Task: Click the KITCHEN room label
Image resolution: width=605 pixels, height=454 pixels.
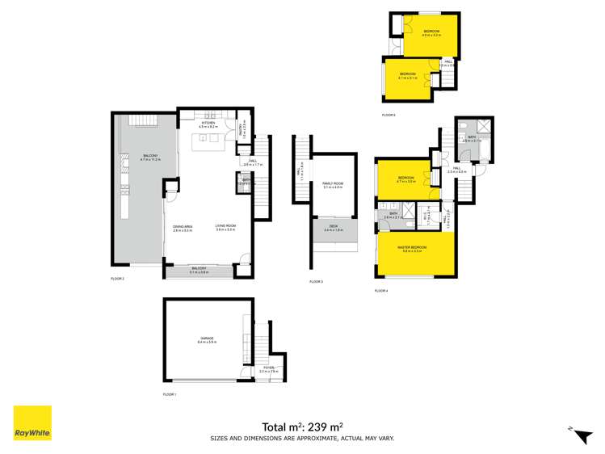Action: point(208,124)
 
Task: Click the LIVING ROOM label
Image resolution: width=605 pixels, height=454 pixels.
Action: point(225,226)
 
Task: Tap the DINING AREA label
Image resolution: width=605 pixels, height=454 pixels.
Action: point(183,226)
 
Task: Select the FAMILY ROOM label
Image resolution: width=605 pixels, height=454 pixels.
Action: point(333,184)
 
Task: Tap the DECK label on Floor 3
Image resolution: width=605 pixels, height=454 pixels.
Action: point(333,227)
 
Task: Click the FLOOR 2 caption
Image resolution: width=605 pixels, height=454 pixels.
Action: point(118,278)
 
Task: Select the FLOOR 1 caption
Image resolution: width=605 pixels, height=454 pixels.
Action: point(170,394)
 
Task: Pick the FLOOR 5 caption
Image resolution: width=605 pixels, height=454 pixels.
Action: point(389,116)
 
